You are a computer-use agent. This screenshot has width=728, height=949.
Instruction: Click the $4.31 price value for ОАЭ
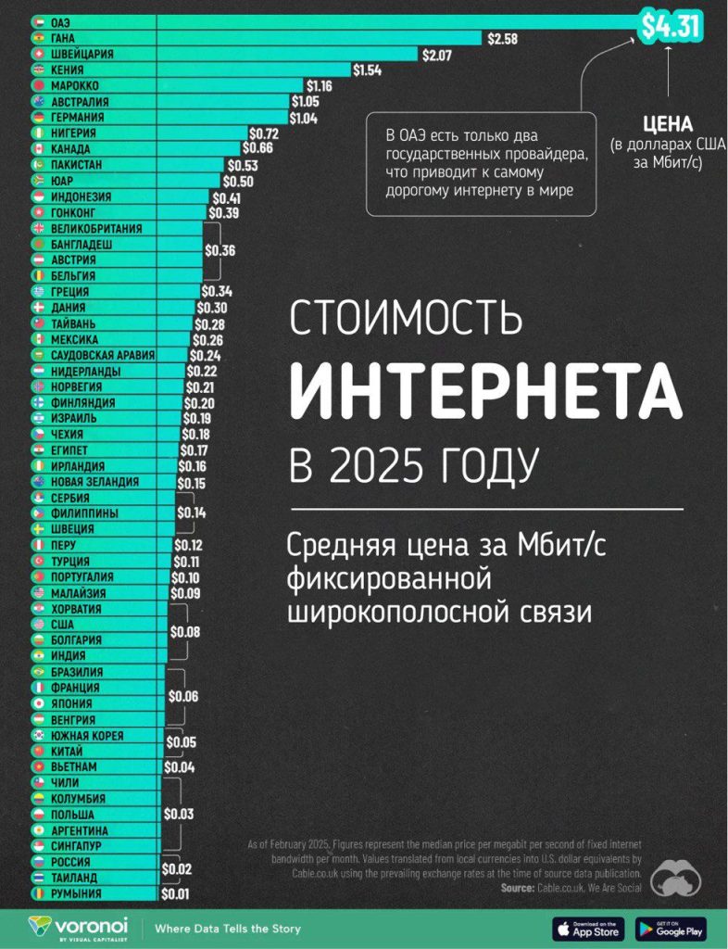[671, 27]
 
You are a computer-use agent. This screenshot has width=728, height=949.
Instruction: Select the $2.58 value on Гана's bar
[503, 38]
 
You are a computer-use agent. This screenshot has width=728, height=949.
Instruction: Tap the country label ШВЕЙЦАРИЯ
[82, 54]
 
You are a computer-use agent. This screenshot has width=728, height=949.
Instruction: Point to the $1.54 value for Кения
[368, 70]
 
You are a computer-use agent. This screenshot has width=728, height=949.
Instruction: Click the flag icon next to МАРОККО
[38, 85]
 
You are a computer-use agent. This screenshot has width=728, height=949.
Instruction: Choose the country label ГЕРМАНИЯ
[78, 118]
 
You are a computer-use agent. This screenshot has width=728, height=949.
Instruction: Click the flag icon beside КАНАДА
[38, 149]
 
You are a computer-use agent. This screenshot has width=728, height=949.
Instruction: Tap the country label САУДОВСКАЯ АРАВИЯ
[103, 355]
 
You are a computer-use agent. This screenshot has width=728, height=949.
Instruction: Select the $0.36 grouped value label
[220, 250]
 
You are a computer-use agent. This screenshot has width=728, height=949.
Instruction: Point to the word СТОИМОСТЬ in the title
[406, 319]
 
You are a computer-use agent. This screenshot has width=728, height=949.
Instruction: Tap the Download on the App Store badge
[586, 928]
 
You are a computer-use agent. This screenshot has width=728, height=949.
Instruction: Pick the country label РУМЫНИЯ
[77, 894]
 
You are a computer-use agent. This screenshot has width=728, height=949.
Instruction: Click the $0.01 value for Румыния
[176, 894]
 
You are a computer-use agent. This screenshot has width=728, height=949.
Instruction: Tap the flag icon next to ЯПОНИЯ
[38, 703]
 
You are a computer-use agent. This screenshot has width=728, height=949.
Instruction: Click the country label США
[63, 625]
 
